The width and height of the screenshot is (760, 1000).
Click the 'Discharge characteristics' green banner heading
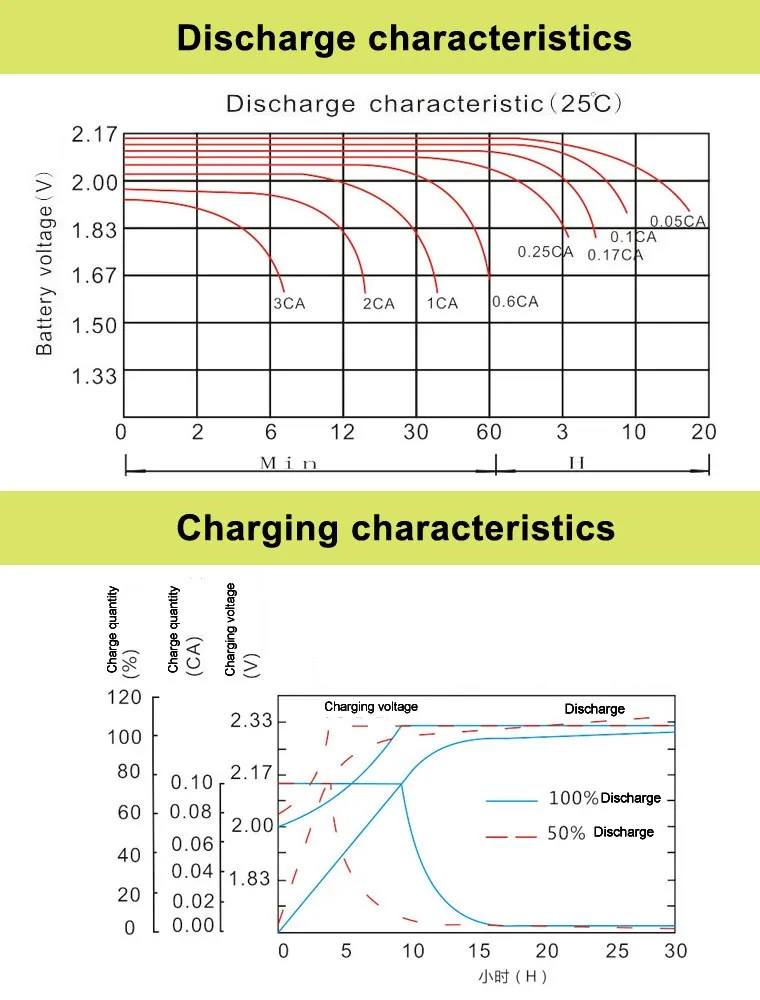pyautogui.click(x=404, y=38)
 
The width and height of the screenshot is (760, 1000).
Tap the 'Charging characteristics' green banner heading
pyautogui.click(x=396, y=527)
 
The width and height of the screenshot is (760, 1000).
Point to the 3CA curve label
pyautogui.click(x=288, y=304)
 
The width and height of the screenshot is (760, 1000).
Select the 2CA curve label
pyautogui.click(x=378, y=304)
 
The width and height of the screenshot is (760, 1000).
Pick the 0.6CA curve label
pyautogui.click(x=515, y=302)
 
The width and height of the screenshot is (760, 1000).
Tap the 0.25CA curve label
pyautogui.click(x=545, y=252)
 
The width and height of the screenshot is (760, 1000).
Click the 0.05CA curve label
pyautogui.click(x=679, y=222)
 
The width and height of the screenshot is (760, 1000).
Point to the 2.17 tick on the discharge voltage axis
pyautogui.click(x=94, y=135)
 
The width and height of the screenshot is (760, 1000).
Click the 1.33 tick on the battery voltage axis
pyautogui.click(x=94, y=376)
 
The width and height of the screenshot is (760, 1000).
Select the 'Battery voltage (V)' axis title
pyautogui.click(x=45, y=261)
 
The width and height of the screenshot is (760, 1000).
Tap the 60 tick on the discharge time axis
pyautogui.click(x=489, y=432)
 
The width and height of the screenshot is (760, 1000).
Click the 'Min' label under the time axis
pyautogui.click(x=288, y=463)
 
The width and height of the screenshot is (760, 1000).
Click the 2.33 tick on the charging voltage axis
pyautogui.click(x=251, y=721)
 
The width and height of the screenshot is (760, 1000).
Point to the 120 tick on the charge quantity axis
pyautogui.click(x=125, y=698)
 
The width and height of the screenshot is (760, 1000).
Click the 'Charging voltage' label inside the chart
pyautogui.click(x=371, y=707)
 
